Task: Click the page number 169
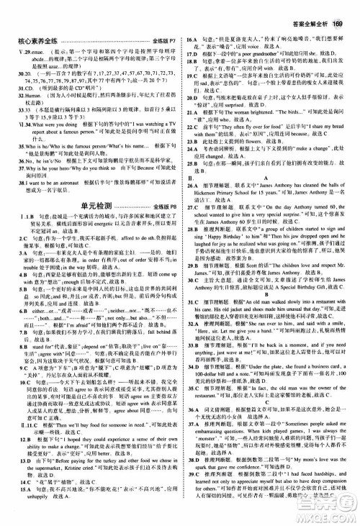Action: pyautogui.click(x=342, y=8)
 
